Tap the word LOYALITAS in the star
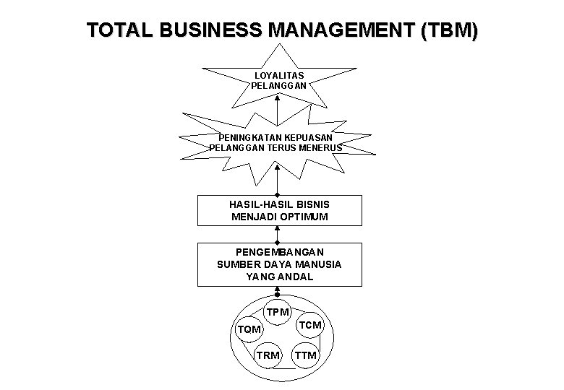coord(279,75)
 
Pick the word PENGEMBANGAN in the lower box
coord(279,251)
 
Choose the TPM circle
coord(278,313)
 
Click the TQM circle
coord(249,330)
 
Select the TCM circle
coord(310,326)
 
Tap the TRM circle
coord(268,355)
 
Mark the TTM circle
coord(305,355)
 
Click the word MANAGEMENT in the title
coord(339,31)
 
